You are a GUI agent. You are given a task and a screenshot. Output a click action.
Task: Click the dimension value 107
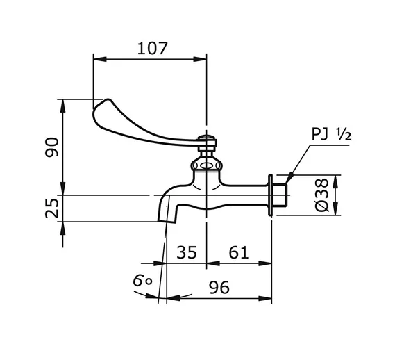coord(153,48)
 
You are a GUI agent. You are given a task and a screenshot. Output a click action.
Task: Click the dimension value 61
coord(238,252)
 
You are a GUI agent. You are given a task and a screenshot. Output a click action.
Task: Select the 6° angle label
coord(143,280)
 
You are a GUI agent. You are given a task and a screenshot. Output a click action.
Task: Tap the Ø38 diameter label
coord(321,196)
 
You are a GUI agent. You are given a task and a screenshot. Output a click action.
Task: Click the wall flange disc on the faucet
coord(270,195)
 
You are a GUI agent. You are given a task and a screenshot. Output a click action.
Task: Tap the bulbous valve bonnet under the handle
coord(205,165)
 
